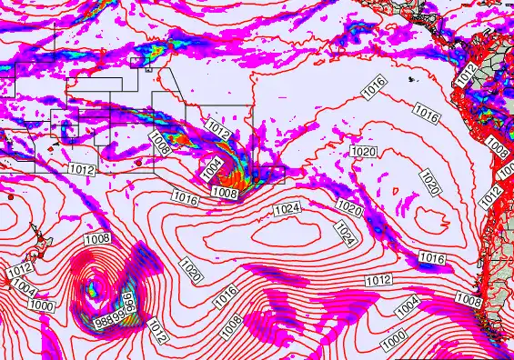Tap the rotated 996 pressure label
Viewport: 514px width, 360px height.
(x=129, y=304)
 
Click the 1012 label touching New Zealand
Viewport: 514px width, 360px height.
(x=20, y=270)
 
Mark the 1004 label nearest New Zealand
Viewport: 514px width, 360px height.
(x=26, y=290)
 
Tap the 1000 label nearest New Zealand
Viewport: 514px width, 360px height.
(x=41, y=306)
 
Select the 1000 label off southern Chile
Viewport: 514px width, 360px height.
(x=395, y=337)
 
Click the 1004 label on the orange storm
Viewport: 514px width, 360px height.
(x=211, y=169)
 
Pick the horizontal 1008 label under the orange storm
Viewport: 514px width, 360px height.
(x=224, y=193)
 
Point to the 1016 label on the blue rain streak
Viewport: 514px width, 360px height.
(x=431, y=260)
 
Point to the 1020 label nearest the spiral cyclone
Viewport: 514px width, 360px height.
(x=193, y=271)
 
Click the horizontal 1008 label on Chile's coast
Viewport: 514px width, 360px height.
(x=469, y=300)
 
